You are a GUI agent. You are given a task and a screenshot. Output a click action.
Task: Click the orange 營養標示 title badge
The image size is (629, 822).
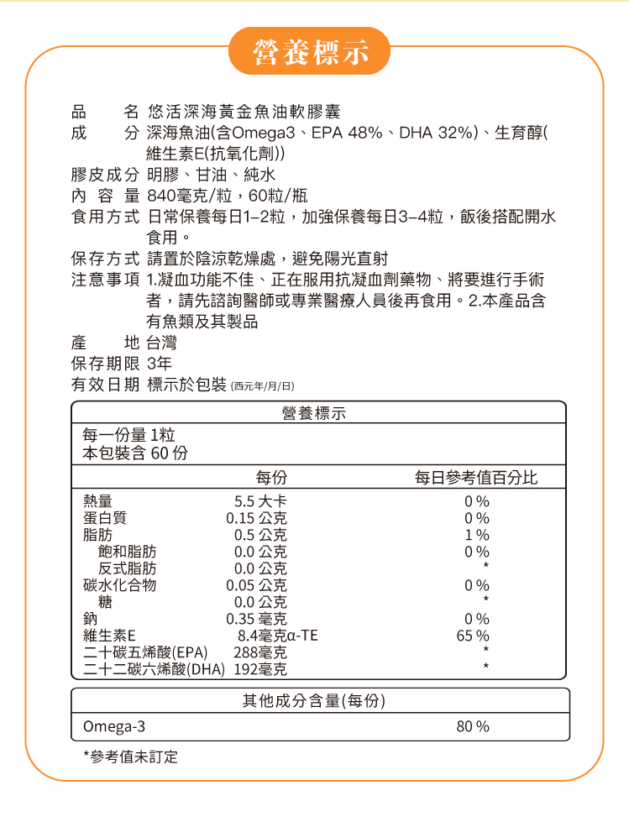[311, 51]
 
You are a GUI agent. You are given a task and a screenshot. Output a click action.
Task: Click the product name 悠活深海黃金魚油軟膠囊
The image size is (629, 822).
[243, 112]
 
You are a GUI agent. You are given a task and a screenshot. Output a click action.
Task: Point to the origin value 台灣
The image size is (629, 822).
[161, 343]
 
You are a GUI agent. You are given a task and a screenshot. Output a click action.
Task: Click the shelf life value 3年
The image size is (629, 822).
[159, 364]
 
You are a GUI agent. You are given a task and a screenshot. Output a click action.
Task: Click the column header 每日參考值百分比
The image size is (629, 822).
[476, 478]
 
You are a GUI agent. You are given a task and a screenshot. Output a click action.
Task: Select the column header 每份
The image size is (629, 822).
[272, 478]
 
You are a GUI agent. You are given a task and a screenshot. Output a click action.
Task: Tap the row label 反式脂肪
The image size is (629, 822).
[127, 568]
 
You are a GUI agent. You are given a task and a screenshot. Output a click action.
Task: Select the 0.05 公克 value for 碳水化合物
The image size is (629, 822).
[256, 585]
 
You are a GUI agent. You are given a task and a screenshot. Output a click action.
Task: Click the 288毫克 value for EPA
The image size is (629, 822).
[260, 652]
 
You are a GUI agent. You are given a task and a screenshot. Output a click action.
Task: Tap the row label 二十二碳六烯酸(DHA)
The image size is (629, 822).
[148, 669]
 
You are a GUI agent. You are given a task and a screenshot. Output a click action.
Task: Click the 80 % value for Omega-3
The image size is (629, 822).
[473, 726]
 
